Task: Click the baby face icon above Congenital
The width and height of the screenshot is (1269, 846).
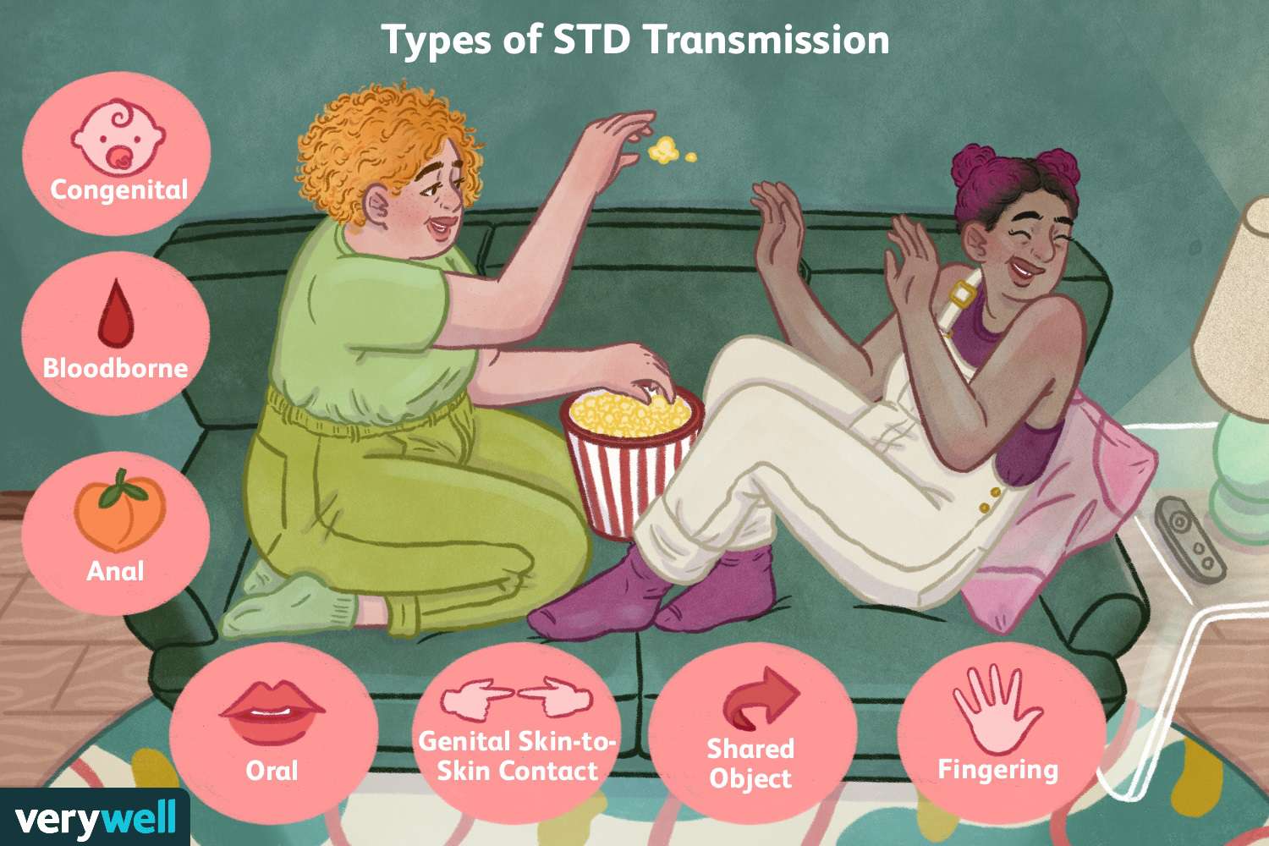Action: tap(118, 136)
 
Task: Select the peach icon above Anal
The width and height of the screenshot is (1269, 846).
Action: tap(119, 511)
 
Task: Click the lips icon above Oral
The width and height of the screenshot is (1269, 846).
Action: tap(272, 711)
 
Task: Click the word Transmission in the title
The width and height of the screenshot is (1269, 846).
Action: tap(766, 41)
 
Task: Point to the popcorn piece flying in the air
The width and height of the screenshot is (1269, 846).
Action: tap(664, 149)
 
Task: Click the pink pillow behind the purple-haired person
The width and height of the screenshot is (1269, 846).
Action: tap(1059, 510)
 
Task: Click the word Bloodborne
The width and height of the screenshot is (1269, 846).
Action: tap(116, 368)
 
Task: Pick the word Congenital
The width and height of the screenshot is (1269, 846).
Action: tap(119, 190)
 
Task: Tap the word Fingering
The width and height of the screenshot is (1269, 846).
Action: tap(997, 770)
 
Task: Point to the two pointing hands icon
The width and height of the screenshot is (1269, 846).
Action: tap(517, 697)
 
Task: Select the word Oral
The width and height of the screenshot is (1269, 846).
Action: tap(272, 772)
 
